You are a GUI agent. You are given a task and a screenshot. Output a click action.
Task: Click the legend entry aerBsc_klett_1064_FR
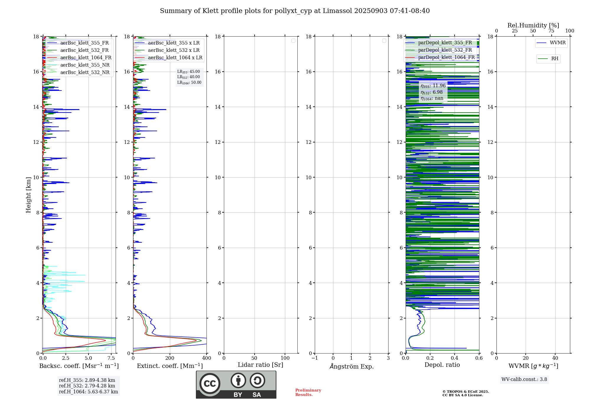coord(86,58)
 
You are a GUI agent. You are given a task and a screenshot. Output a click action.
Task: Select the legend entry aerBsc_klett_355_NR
coord(85,65)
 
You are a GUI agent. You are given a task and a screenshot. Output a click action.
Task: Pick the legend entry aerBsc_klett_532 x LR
coord(173,50)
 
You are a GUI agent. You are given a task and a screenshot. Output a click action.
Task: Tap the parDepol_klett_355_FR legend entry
coord(445,43)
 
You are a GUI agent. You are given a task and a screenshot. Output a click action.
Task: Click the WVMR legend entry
coord(557,43)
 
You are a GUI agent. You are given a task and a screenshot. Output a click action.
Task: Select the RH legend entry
coord(555,59)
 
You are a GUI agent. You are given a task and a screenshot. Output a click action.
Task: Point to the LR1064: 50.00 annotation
coord(189,83)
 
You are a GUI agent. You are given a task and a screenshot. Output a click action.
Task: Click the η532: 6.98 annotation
coord(432,92)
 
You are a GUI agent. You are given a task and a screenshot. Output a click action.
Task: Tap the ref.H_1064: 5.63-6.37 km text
coord(88,392)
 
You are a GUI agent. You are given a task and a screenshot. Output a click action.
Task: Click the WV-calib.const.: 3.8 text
coord(524,379)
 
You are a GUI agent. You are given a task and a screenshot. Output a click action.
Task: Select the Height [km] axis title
coord(28,195)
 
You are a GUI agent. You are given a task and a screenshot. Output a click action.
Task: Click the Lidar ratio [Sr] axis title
coord(260,365)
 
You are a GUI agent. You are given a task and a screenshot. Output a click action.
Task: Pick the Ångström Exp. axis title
coord(352,367)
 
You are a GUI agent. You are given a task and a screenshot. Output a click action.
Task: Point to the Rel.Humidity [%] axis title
coord(533,25)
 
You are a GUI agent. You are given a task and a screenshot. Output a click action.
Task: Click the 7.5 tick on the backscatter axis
coord(111,358)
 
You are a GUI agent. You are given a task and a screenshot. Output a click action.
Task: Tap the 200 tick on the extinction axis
coord(170,358)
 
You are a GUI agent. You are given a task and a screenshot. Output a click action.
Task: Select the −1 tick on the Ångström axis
coord(315,358)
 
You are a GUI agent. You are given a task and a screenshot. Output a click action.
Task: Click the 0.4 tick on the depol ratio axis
coord(455,358)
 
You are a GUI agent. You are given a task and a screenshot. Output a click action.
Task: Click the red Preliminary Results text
coord(308,392)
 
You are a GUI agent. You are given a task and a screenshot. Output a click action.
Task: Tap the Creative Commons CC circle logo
coord(210,384)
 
